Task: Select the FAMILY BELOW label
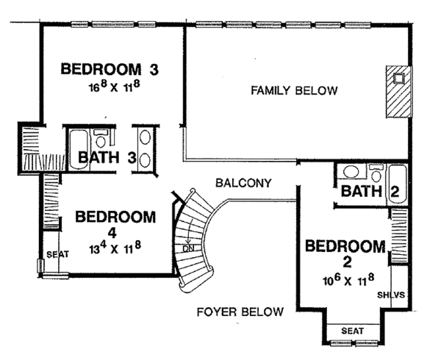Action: (x=294, y=91)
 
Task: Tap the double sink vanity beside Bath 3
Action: (x=145, y=150)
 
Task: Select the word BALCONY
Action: (x=244, y=182)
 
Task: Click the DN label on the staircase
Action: (x=188, y=247)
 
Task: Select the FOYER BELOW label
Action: (x=240, y=312)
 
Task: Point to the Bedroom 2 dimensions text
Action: (x=344, y=279)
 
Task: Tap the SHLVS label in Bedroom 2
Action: (x=390, y=295)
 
